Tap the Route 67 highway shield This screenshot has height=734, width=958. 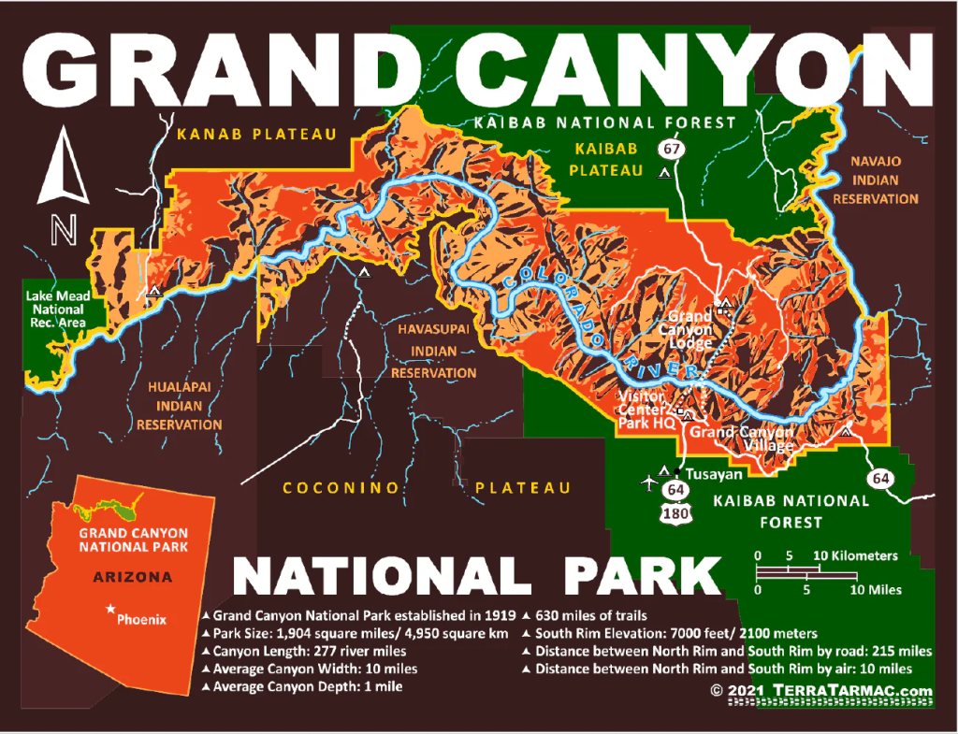[x=669, y=149]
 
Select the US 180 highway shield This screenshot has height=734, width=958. [x=675, y=513]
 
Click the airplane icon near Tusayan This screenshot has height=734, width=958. [x=648, y=482]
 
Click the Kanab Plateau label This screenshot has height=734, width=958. [x=256, y=135]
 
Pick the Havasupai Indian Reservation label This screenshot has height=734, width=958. [x=433, y=352]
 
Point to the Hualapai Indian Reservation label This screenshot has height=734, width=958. [x=180, y=404]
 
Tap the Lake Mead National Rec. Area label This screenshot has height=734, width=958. [x=55, y=309]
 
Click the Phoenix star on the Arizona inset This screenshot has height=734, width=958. [x=111, y=610]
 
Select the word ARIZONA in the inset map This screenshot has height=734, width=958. [x=132, y=577]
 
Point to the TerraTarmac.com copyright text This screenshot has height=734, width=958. [x=821, y=691]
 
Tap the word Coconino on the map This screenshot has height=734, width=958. [x=341, y=488]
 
